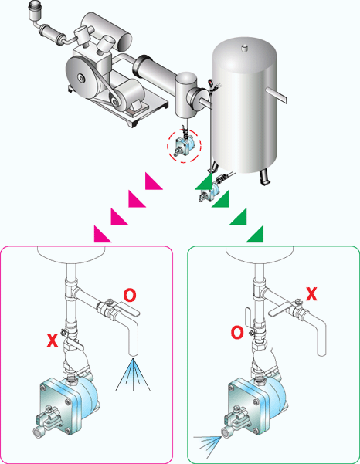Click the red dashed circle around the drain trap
(x=183, y=145)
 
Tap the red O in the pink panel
(x=130, y=294)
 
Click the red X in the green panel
(x=312, y=293)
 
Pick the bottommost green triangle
(x=254, y=234)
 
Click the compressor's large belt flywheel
(x=85, y=77)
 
